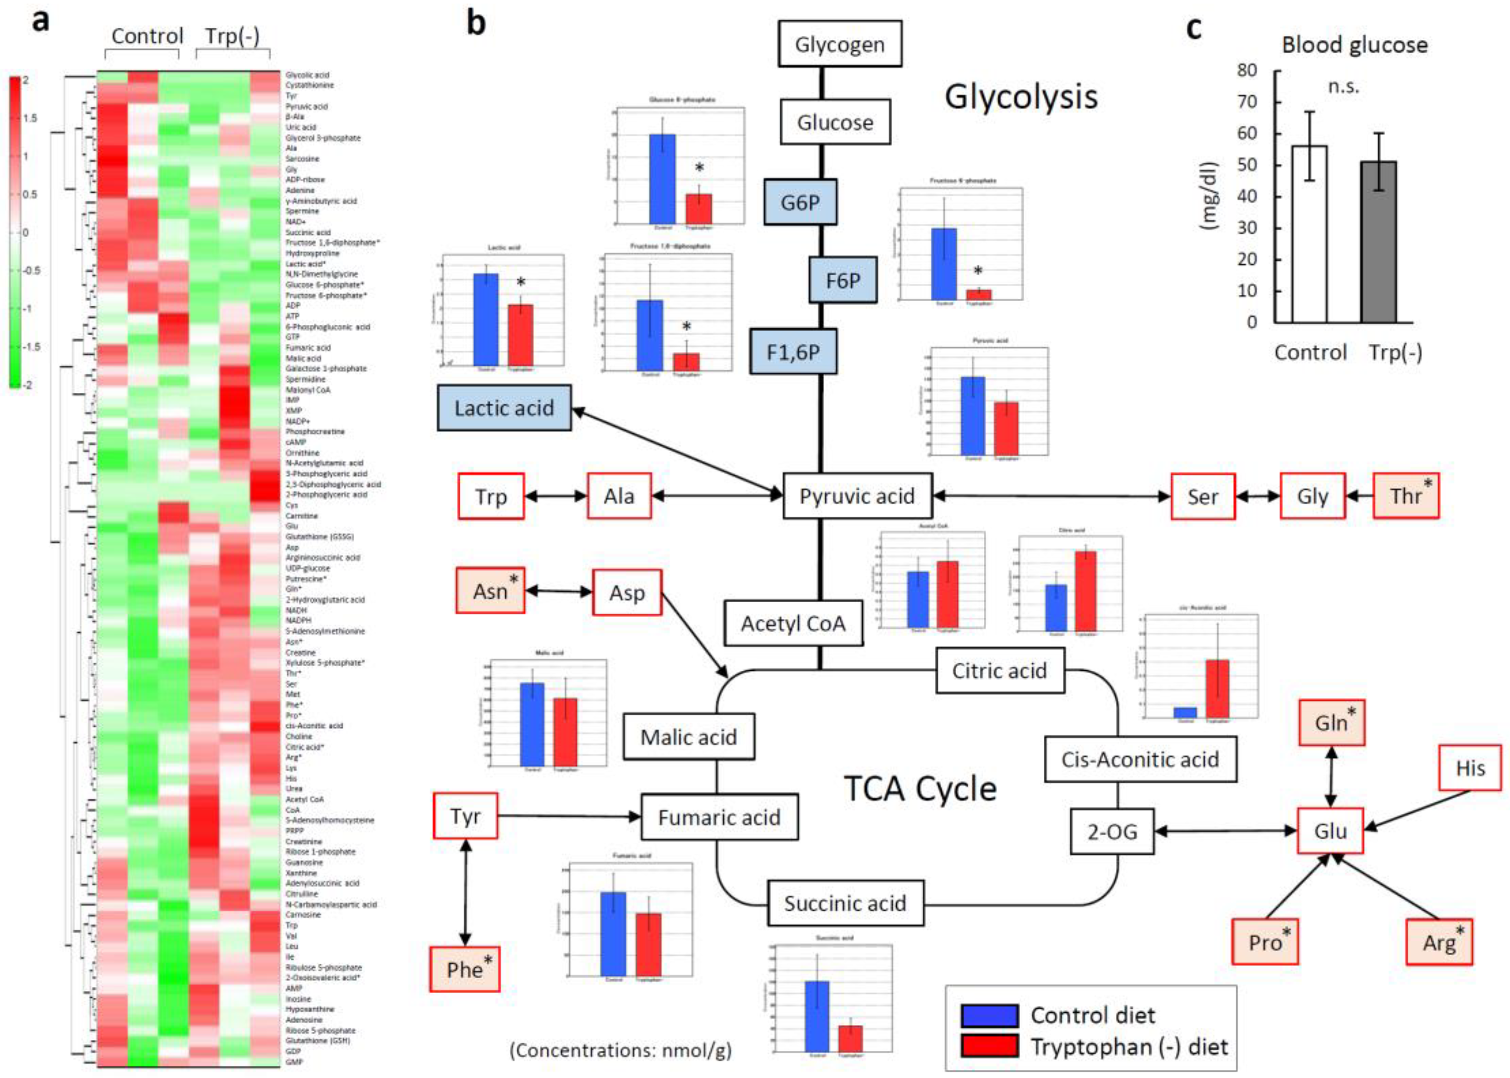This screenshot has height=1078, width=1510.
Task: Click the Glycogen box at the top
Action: [840, 44]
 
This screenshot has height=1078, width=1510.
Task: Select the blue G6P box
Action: [800, 202]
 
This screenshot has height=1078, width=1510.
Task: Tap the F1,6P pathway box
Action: [793, 352]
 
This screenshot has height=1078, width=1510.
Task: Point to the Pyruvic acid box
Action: [857, 496]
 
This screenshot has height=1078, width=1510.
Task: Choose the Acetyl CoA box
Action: [793, 623]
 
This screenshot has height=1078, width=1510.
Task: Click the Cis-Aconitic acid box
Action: [1139, 759]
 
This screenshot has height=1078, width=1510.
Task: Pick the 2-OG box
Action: [1112, 831]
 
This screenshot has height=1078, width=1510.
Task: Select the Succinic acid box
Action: [845, 903]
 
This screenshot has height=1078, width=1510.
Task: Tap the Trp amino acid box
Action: [490, 496]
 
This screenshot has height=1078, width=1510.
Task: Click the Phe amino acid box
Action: [464, 969]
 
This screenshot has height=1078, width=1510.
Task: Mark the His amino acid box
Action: [1470, 768]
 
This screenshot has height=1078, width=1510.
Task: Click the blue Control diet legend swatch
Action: [989, 1015]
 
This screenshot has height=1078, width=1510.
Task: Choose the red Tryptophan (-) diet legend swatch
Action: [989, 1046]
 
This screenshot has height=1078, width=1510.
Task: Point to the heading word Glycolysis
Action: [1021, 97]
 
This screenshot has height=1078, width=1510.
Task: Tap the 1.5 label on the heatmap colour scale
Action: [30, 118]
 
